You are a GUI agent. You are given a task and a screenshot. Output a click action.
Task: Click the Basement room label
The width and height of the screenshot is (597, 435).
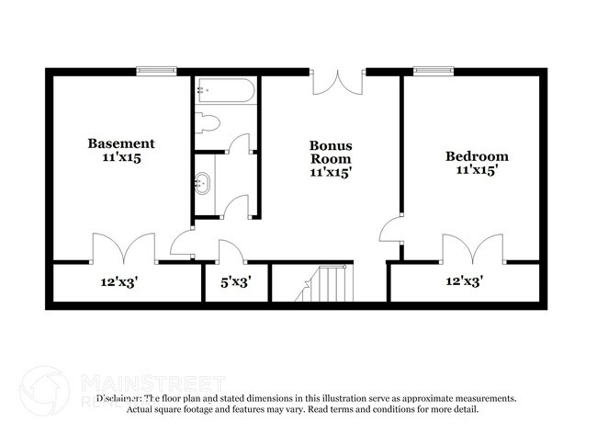click(120, 143)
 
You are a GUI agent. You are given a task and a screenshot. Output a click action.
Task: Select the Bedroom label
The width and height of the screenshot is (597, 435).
click(477, 156)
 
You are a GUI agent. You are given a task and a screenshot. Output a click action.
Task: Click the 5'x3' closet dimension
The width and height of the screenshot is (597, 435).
click(236, 281)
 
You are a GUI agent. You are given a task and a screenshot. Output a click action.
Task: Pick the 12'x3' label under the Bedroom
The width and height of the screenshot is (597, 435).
click(464, 281)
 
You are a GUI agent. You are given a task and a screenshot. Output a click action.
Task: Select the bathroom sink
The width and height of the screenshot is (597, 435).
click(202, 182)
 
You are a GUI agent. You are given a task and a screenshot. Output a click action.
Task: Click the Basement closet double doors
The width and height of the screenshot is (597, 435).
click(123, 249)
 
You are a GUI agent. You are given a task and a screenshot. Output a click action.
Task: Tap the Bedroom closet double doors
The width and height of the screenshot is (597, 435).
click(473, 249)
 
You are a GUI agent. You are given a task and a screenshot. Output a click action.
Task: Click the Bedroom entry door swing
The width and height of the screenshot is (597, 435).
click(392, 229)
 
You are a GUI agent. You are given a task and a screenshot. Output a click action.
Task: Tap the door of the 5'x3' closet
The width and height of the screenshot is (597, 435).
click(231, 251)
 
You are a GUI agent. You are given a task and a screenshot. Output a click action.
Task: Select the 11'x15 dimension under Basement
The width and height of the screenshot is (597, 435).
click(120, 157)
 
